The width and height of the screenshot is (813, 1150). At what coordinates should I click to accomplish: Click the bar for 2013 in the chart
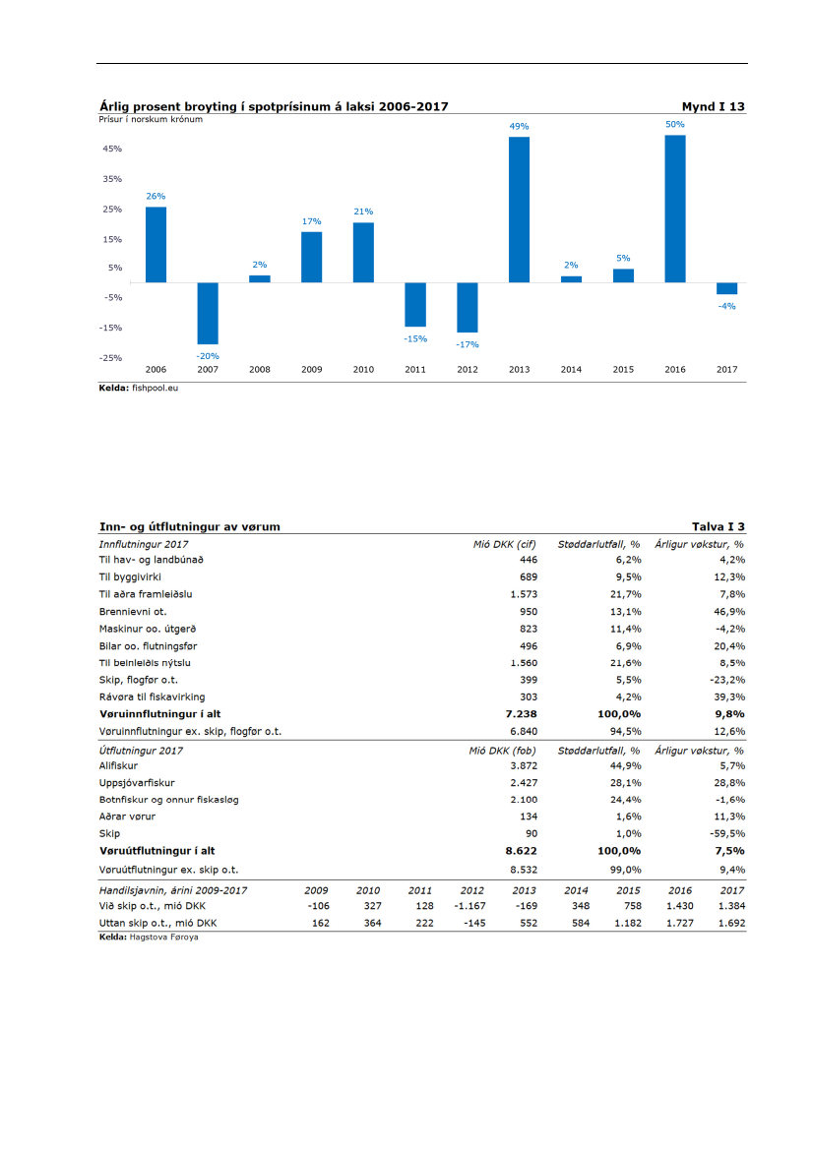[x=519, y=210]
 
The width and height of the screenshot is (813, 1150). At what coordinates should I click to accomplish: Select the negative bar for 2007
[x=208, y=313]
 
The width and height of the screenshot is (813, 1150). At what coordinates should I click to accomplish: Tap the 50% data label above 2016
[x=675, y=124]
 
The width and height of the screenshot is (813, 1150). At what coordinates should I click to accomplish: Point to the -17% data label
[x=467, y=345]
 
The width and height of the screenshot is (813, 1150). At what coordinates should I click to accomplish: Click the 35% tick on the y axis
[x=111, y=179]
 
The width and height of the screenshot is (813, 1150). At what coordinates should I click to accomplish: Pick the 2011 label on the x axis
[x=415, y=370]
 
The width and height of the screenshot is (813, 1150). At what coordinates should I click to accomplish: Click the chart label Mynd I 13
[x=713, y=106]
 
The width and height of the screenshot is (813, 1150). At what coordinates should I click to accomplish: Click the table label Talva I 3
[x=719, y=526]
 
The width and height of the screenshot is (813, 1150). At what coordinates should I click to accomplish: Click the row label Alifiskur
[x=117, y=764]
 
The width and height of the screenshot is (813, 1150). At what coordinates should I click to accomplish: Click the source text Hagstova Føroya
[x=163, y=937]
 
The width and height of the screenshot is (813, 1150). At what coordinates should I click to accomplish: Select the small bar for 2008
[x=259, y=278]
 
